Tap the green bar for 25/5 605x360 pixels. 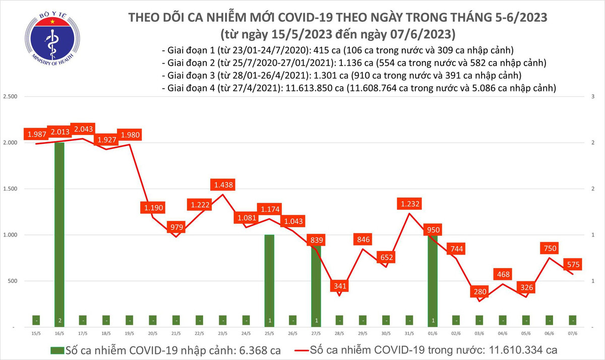(x=269, y=280)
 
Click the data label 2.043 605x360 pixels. (x=84, y=130)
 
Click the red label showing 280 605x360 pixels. (x=479, y=292)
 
